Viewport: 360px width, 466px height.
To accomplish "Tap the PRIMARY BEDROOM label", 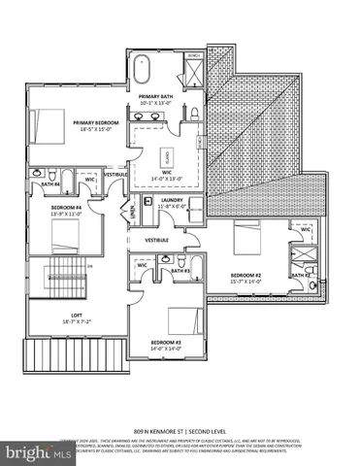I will click(x=95, y=122).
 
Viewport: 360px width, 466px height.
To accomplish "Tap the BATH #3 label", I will click(x=179, y=271).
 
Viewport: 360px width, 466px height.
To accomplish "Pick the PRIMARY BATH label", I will click(x=154, y=97).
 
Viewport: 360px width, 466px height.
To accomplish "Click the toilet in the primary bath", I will click(x=195, y=114).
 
